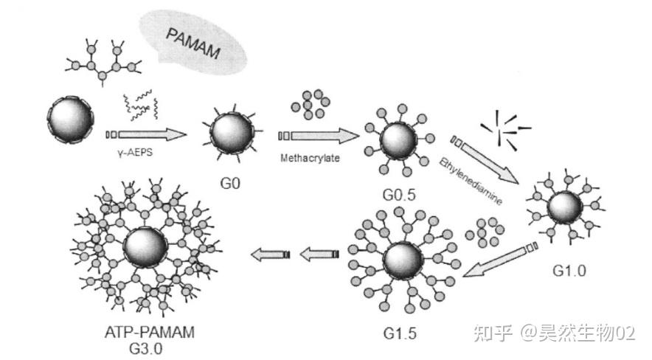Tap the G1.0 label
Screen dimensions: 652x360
click(x=569, y=270)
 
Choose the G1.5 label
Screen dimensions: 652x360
click(x=400, y=332)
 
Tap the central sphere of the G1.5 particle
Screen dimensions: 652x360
click(x=403, y=263)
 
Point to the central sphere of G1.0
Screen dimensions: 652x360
click(x=566, y=210)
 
